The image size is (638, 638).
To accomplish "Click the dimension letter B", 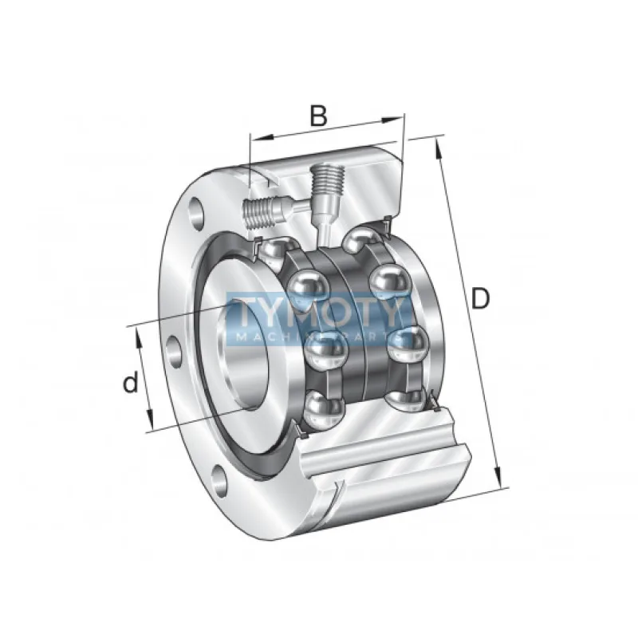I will tap(318, 116).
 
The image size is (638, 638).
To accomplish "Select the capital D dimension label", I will tap(479, 299).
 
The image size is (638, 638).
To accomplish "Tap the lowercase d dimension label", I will tap(130, 383).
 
